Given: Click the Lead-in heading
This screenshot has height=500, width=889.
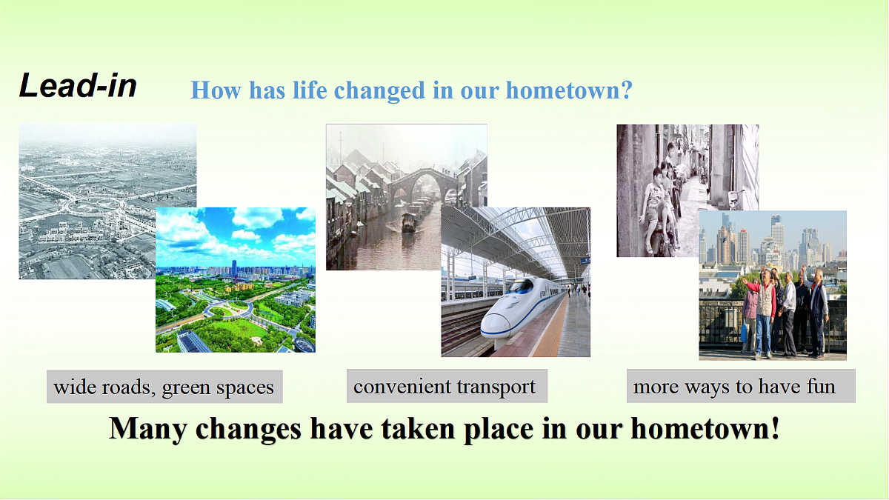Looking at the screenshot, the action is (x=78, y=85).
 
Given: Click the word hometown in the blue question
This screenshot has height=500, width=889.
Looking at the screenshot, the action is (x=562, y=90).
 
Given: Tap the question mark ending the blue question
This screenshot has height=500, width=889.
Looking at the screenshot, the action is (x=626, y=90).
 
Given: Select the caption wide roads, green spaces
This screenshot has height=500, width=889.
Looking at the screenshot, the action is (x=164, y=387).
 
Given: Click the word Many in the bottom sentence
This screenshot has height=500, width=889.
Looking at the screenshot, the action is (x=147, y=430).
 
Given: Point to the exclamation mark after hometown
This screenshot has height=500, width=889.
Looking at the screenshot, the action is (x=775, y=428).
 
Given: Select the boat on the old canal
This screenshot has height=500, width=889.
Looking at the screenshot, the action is (x=408, y=222).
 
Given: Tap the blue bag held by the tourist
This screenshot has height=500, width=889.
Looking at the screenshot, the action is (x=744, y=331).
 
